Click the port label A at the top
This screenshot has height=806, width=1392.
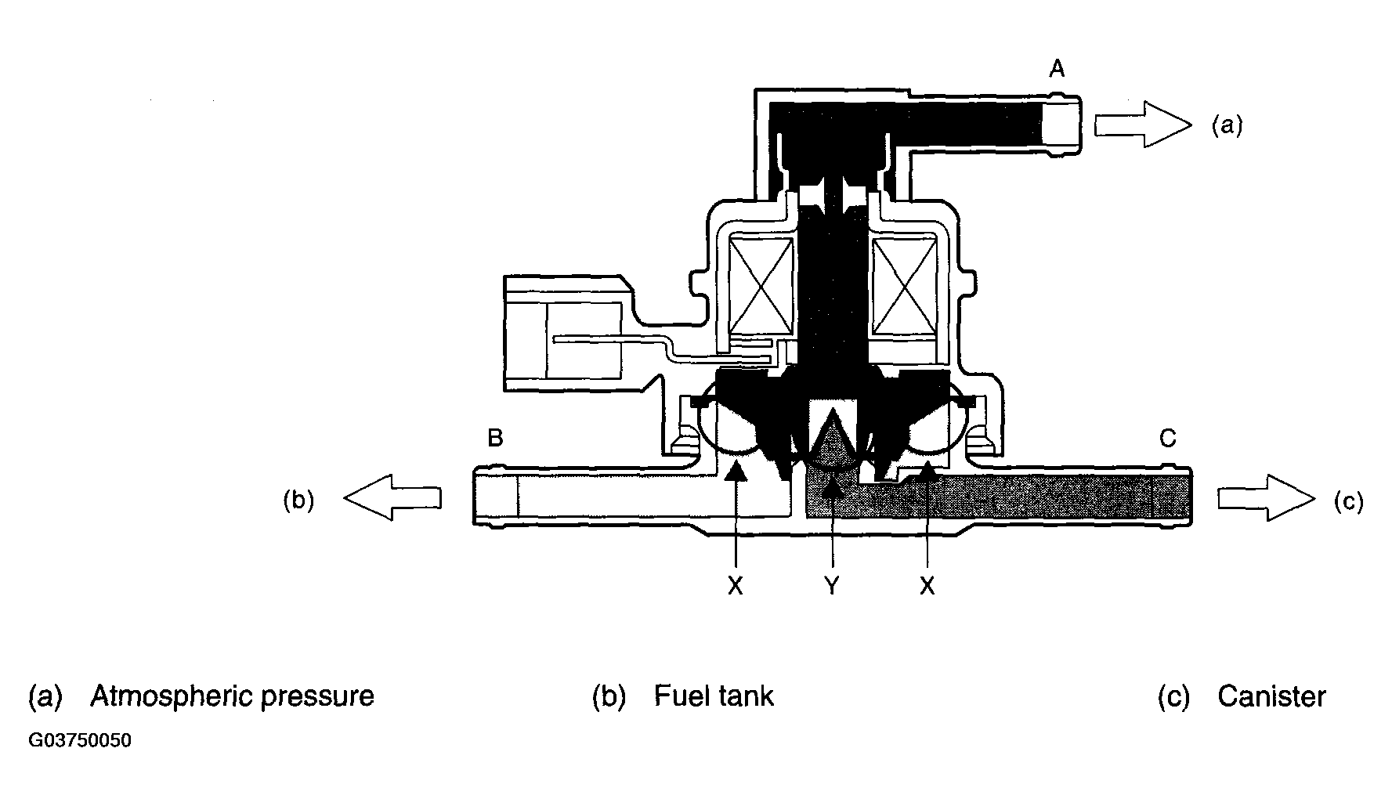1057,70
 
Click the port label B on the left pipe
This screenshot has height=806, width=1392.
495,437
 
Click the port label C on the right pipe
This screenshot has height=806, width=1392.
1167,438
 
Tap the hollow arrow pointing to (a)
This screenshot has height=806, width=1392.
1142,125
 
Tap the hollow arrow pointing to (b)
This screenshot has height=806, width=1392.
392,497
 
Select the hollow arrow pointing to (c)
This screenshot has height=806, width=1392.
1266,497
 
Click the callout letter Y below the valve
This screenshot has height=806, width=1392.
832,585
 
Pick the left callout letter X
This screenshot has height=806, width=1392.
735,585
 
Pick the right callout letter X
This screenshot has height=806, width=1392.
927,585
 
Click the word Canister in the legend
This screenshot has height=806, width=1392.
1271,696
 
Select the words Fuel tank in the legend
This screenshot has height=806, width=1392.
714,696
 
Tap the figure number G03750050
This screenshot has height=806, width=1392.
80,741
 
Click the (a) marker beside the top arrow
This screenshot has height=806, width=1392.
1227,125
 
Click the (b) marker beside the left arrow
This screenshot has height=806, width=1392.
298,501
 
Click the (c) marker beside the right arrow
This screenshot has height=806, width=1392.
1349,501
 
